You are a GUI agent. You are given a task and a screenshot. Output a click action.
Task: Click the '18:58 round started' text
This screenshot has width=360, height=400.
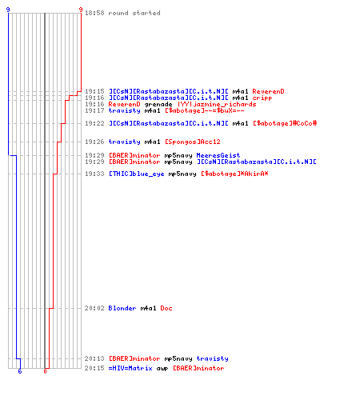click(x=122, y=13)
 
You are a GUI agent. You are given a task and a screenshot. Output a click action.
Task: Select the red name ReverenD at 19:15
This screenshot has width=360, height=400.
click(x=268, y=91)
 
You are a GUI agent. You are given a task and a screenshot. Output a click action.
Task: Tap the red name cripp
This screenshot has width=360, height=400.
click(x=262, y=98)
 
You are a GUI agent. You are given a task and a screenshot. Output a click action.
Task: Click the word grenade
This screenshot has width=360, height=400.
click(x=158, y=104)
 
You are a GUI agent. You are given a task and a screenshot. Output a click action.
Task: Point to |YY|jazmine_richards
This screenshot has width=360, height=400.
click(x=217, y=104)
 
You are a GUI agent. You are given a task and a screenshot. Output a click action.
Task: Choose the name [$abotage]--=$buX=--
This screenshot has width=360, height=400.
click(x=205, y=110)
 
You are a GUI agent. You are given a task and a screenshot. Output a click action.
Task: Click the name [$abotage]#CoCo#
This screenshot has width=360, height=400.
click(x=285, y=123)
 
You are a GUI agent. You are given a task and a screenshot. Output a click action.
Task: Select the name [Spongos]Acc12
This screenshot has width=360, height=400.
click(x=193, y=142)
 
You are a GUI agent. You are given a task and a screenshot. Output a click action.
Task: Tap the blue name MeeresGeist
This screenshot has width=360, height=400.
click(x=218, y=155)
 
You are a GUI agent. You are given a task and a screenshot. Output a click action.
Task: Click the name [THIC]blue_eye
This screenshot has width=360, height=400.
click(x=136, y=174)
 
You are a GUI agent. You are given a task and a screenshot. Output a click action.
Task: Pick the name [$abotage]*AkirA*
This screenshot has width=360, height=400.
click(x=234, y=174)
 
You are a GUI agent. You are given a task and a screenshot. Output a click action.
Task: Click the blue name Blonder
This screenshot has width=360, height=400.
click(x=122, y=308)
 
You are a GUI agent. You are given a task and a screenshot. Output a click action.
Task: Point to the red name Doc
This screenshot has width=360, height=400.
click(x=166, y=308)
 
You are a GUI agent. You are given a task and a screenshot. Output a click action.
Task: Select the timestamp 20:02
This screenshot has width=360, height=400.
click(x=94, y=308)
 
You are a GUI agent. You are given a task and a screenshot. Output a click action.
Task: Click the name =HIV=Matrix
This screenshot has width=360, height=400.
click(x=130, y=368)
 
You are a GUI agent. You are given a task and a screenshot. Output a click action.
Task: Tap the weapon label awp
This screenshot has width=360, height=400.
click(x=162, y=369)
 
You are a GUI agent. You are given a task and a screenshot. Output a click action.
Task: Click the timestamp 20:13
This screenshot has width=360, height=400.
click(x=94, y=358)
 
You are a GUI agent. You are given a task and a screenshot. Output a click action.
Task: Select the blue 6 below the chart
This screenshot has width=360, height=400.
click(x=20, y=371)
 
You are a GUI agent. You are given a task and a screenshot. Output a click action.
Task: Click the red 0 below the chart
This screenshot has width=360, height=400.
click(x=45, y=371)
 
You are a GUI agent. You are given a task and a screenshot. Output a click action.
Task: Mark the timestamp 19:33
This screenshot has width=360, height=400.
click(x=94, y=174)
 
